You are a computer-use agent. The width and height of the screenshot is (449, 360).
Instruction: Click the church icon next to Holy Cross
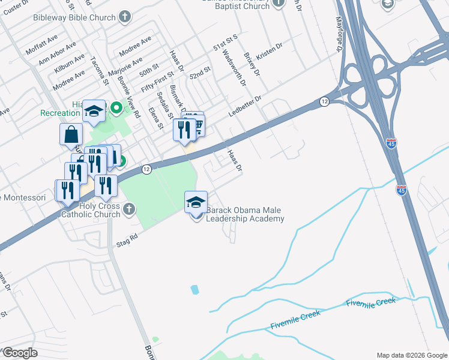point(128,209)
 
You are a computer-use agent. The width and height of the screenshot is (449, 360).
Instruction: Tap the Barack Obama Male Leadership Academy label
point(245,215)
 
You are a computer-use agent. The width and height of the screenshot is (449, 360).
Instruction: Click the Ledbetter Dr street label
point(246,106)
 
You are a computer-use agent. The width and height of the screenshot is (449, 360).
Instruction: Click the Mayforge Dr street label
point(337,38)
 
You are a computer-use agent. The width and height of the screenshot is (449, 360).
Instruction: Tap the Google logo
point(20,353)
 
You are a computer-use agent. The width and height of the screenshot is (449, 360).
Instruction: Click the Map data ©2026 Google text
point(412,355)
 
